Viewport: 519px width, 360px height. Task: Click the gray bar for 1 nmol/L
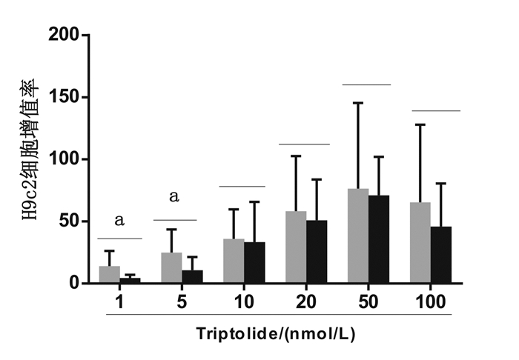pos(109,274)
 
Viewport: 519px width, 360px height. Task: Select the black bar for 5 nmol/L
pos(192,276)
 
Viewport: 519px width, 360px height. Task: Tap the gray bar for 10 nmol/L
pos(234,261)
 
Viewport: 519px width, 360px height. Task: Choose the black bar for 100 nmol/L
pos(440,255)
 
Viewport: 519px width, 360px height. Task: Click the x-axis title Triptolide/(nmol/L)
pos(276,333)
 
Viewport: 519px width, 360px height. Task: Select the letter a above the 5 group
pos(175,197)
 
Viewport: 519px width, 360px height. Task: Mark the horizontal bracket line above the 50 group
pos(366,85)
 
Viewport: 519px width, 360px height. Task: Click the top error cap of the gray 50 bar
pos(358,103)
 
